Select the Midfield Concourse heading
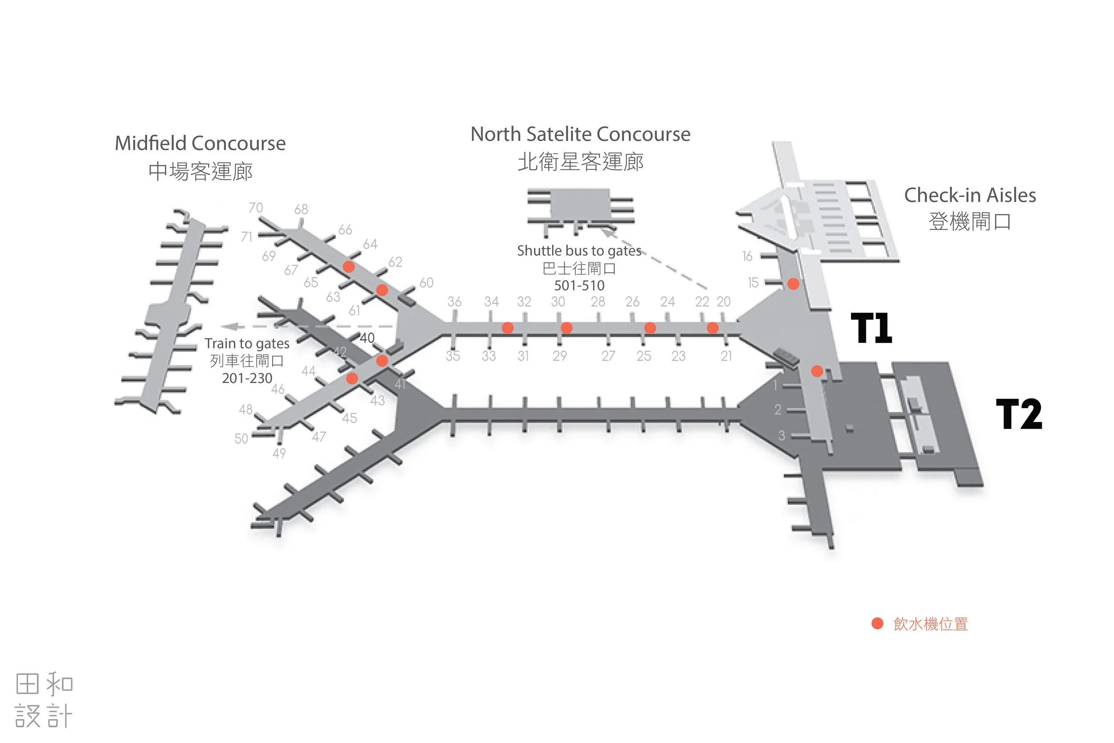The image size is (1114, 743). click(200, 143)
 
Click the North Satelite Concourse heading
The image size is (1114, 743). click(580, 134)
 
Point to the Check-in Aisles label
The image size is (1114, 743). click(970, 195)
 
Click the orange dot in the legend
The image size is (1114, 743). click(877, 624)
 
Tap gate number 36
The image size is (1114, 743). click(454, 301)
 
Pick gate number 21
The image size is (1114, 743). click(726, 356)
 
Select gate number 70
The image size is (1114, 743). click(255, 208)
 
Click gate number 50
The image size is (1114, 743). click(241, 438)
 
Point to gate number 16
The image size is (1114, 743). click(747, 256)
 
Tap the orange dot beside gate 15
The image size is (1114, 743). click(793, 284)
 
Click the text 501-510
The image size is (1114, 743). click(579, 285)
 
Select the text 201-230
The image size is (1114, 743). click(247, 378)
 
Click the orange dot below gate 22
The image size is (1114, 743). click(713, 328)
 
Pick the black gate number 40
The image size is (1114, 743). click(367, 338)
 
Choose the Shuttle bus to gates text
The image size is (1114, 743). click(579, 250)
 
